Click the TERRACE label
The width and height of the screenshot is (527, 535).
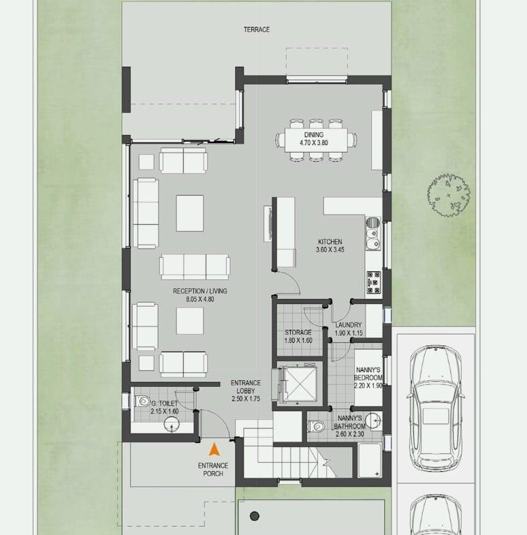[x=256, y=30]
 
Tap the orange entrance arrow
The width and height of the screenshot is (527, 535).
[x=214, y=450]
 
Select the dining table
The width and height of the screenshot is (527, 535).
[x=316, y=140]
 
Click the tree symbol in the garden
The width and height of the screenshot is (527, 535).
[x=448, y=195]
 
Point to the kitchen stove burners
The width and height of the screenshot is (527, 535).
[x=374, y=283]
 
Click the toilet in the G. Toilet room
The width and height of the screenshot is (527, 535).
[x=142, y=401]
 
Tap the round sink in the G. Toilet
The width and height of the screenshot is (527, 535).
[x=172, y=425]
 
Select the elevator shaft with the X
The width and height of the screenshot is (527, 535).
[x=300, y=384]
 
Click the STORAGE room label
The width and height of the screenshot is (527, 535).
[x=298, y=332]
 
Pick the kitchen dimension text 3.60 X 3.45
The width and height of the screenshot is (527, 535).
[x=330, y=249]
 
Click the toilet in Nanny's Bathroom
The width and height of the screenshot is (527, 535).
[x=317, y=426]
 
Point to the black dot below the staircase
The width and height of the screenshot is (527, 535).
[x=254, y=516]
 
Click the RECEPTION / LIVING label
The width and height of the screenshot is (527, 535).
[x=199, y=291]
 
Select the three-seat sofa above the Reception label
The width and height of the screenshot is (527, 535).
[x=195, y=266]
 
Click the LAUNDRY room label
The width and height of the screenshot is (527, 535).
[x=348, y=325]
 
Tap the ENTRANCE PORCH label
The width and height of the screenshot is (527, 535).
[x=213, y=470]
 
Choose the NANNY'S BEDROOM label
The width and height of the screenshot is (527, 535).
[x=368, y=373]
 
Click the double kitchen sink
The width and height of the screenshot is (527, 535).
[x=373, y=233]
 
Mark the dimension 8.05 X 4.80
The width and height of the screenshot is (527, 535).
[x=199, y=299]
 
